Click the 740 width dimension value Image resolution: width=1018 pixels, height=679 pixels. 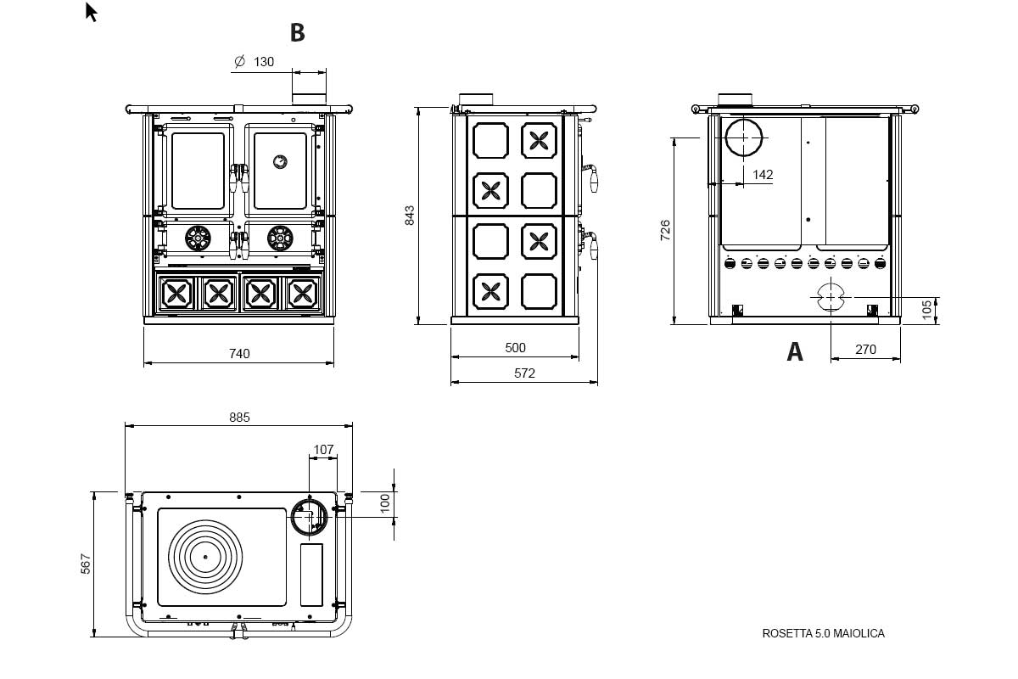[x=239, y=353]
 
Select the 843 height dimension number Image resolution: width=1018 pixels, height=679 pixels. [x=410, y=215]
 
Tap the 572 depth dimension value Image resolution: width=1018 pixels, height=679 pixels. [x=524, y=373]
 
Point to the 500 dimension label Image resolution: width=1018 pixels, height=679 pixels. [x=516, y=348]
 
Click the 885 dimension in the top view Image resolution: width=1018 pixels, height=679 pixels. [x=239, y=417]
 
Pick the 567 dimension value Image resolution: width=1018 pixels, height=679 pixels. [x=86, y=564]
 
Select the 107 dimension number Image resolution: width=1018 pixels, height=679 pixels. [x=323, y=449]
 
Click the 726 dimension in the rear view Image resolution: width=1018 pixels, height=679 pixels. [x=665, y=230]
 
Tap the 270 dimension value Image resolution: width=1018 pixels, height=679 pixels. [x=865, y=350]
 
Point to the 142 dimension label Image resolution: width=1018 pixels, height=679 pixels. [x=763, y=175]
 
